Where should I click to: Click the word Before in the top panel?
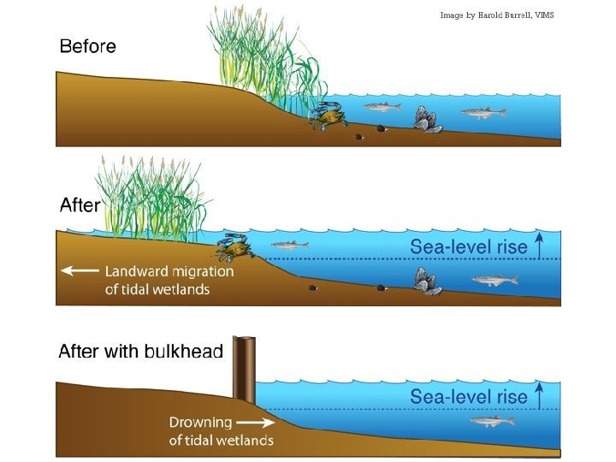[87, 46]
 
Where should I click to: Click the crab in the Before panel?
[325, 115]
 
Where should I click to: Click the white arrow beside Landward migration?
[79, 271]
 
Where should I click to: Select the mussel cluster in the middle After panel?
[426, 281]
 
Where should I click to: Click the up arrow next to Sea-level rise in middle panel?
[539, 245]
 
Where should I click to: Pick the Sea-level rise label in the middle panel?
[468, 247]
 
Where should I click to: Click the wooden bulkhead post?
[245, 370]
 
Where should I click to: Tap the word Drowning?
[200, 422]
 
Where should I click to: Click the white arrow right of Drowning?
[253, 422]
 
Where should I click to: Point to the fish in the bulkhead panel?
[492, 420]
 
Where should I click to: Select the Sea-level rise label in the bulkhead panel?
[468, 396]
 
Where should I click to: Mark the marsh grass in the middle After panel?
[150, 197]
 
